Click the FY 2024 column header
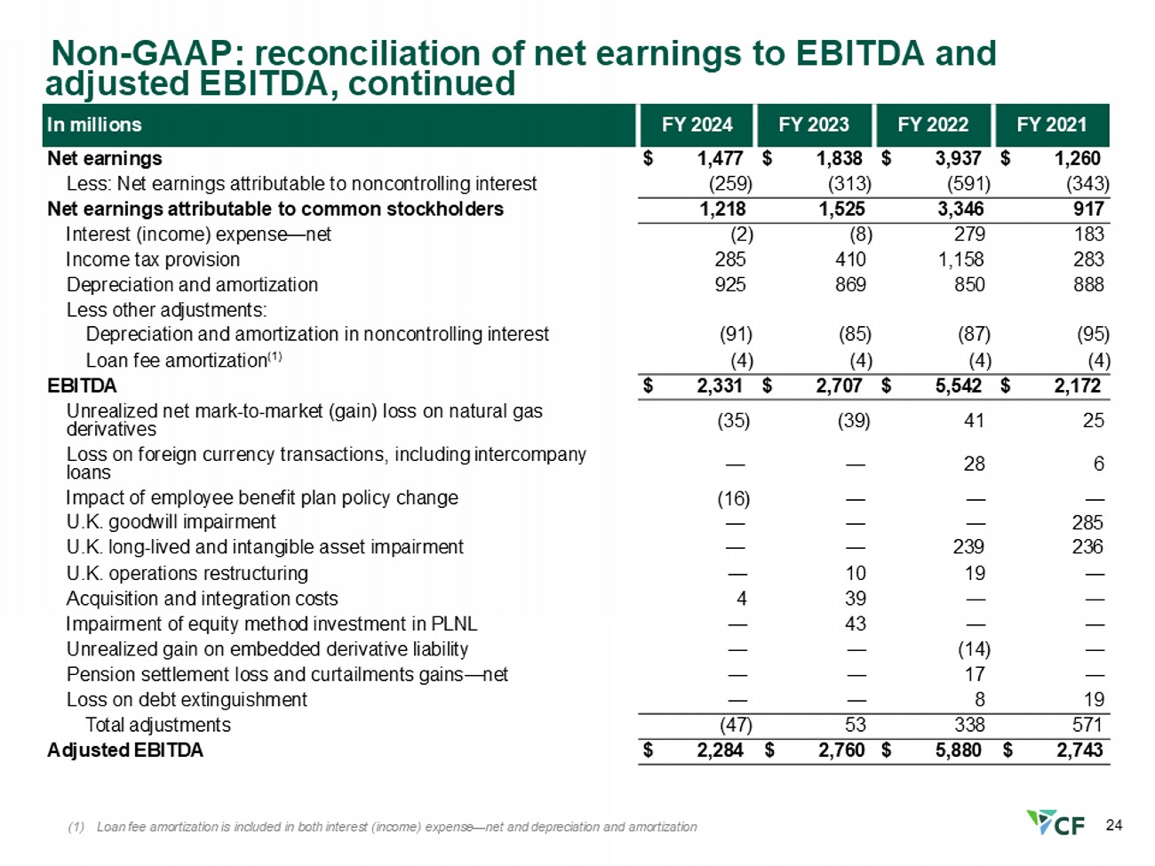[x=697, y=124]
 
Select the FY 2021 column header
[x=1051, y=124]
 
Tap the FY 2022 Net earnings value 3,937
[x=958, y=158]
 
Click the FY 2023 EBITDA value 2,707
[x=839, y=386]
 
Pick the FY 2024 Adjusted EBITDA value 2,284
[x=720, y=750]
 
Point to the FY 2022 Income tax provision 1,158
[x=960, y=259]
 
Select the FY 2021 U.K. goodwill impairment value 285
[x=1087, y=522]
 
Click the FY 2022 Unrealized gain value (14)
[x=974, y=649]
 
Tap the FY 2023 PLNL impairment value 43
[x=855, y=624]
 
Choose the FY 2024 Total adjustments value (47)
[x=736, y=725]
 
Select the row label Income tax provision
[x=153, y=259]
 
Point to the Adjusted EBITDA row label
[x=125, y=751]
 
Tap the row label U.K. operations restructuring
[x=187, y=573]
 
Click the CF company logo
[x=1055, y=823]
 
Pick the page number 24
[x=1114, y=825]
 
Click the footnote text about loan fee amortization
[x=382, y=827]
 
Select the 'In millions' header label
[x=94, y=124]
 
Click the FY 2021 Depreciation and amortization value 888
[x=1088, y=284]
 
